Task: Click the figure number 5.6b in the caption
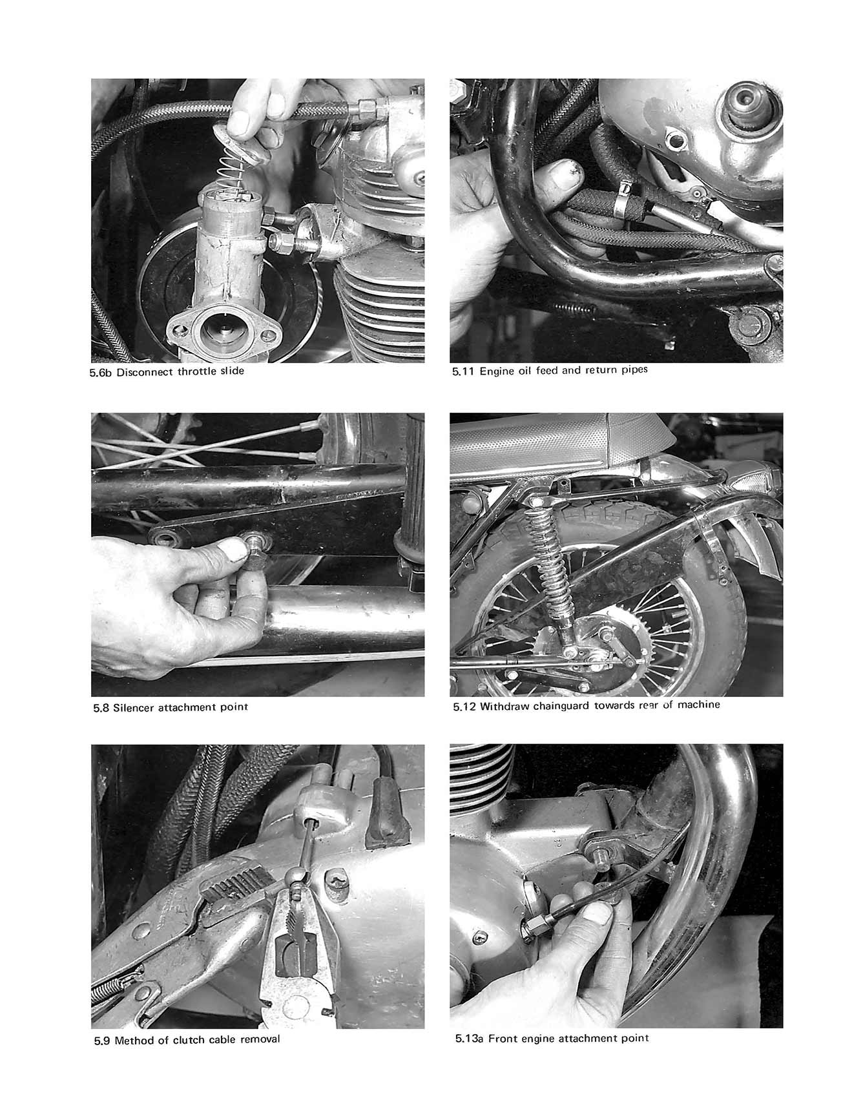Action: pos(101,372)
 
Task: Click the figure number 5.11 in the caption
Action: pos(464,371)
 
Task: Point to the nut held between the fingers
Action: pos(255,551)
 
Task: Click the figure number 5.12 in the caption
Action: pos(464,705)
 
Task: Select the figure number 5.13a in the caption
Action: pos(468,1038)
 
